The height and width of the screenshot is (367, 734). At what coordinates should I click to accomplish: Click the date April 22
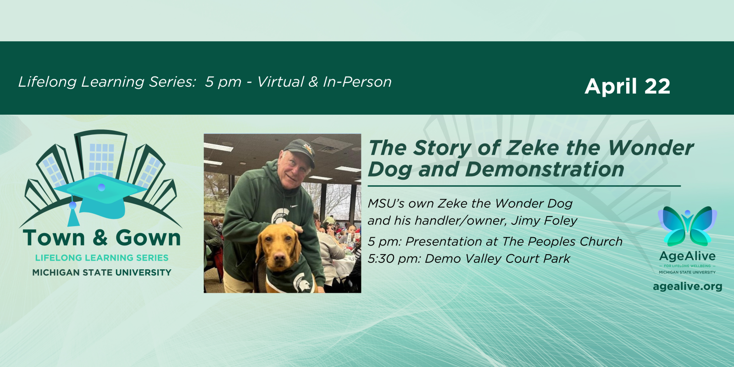(x=627, y=87)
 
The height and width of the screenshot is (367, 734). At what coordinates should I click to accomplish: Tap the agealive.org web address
(x=688, y=286)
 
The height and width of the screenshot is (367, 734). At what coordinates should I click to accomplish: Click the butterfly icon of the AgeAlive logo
(x=688, y=226)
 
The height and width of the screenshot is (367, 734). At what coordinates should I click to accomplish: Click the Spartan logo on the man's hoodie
(x=279, y=216)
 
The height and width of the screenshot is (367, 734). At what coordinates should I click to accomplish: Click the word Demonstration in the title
(x=544, y=169)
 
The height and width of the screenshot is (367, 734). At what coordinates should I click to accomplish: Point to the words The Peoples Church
(x=562, y=242)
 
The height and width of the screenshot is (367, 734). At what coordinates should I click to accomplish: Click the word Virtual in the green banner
(x=280, y=82)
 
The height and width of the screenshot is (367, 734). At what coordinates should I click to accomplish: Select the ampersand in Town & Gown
(x=100, y=238)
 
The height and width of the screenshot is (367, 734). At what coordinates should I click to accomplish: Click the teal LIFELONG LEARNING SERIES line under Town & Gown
(x=101, y=258)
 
